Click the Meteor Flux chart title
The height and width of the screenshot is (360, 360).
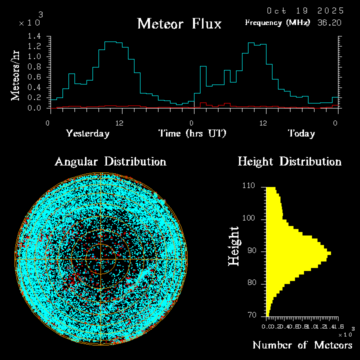(x=179, y=23)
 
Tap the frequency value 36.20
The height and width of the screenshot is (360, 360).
(x=330, y=22)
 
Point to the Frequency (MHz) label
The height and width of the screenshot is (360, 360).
(x=277, y=22)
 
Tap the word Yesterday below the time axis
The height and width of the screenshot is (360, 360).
(x=87, y=133)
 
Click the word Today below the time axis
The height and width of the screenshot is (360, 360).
(x=301, y=133)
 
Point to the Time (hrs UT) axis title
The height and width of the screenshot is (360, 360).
(x=192, y=133)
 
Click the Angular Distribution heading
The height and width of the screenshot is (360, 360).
(x=110, y=162)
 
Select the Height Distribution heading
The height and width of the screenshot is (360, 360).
(x=289, y=162)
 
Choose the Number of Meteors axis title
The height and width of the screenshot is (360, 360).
(x=302, y=345)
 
